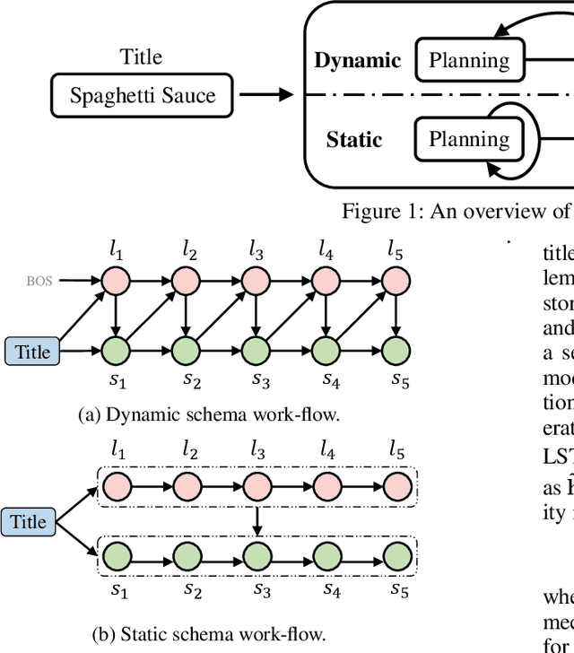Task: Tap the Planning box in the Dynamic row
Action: (x=469, y=60)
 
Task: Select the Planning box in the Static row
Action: (x=469, y=139)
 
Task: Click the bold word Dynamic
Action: (x=358, y=61)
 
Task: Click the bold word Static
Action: (x=354, y=140)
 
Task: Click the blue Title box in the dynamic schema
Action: (x=33, y=352)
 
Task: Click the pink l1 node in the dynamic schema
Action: (x=117, y=282)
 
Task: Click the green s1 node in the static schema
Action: (x=117, y=554)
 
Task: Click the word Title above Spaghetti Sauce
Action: (x=142, y=57)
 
